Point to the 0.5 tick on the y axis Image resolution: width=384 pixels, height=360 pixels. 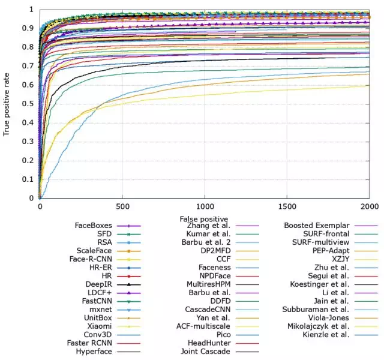[30, 104]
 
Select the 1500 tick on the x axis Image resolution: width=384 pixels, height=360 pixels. [287, 205]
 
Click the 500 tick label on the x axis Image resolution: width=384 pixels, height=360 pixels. [122, 205]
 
